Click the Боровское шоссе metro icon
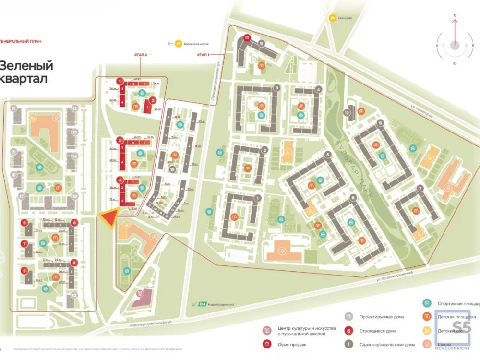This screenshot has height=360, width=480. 179,43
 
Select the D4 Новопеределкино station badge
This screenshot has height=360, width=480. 202,304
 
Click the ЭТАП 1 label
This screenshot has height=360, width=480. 204,55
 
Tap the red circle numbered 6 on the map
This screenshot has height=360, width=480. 74,223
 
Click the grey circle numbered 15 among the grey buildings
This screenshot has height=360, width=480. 171,169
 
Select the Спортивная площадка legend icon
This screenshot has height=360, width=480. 426,303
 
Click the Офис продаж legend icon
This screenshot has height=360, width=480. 266,344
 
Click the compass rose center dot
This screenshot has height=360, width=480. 455,45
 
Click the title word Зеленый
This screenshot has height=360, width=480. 26,66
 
